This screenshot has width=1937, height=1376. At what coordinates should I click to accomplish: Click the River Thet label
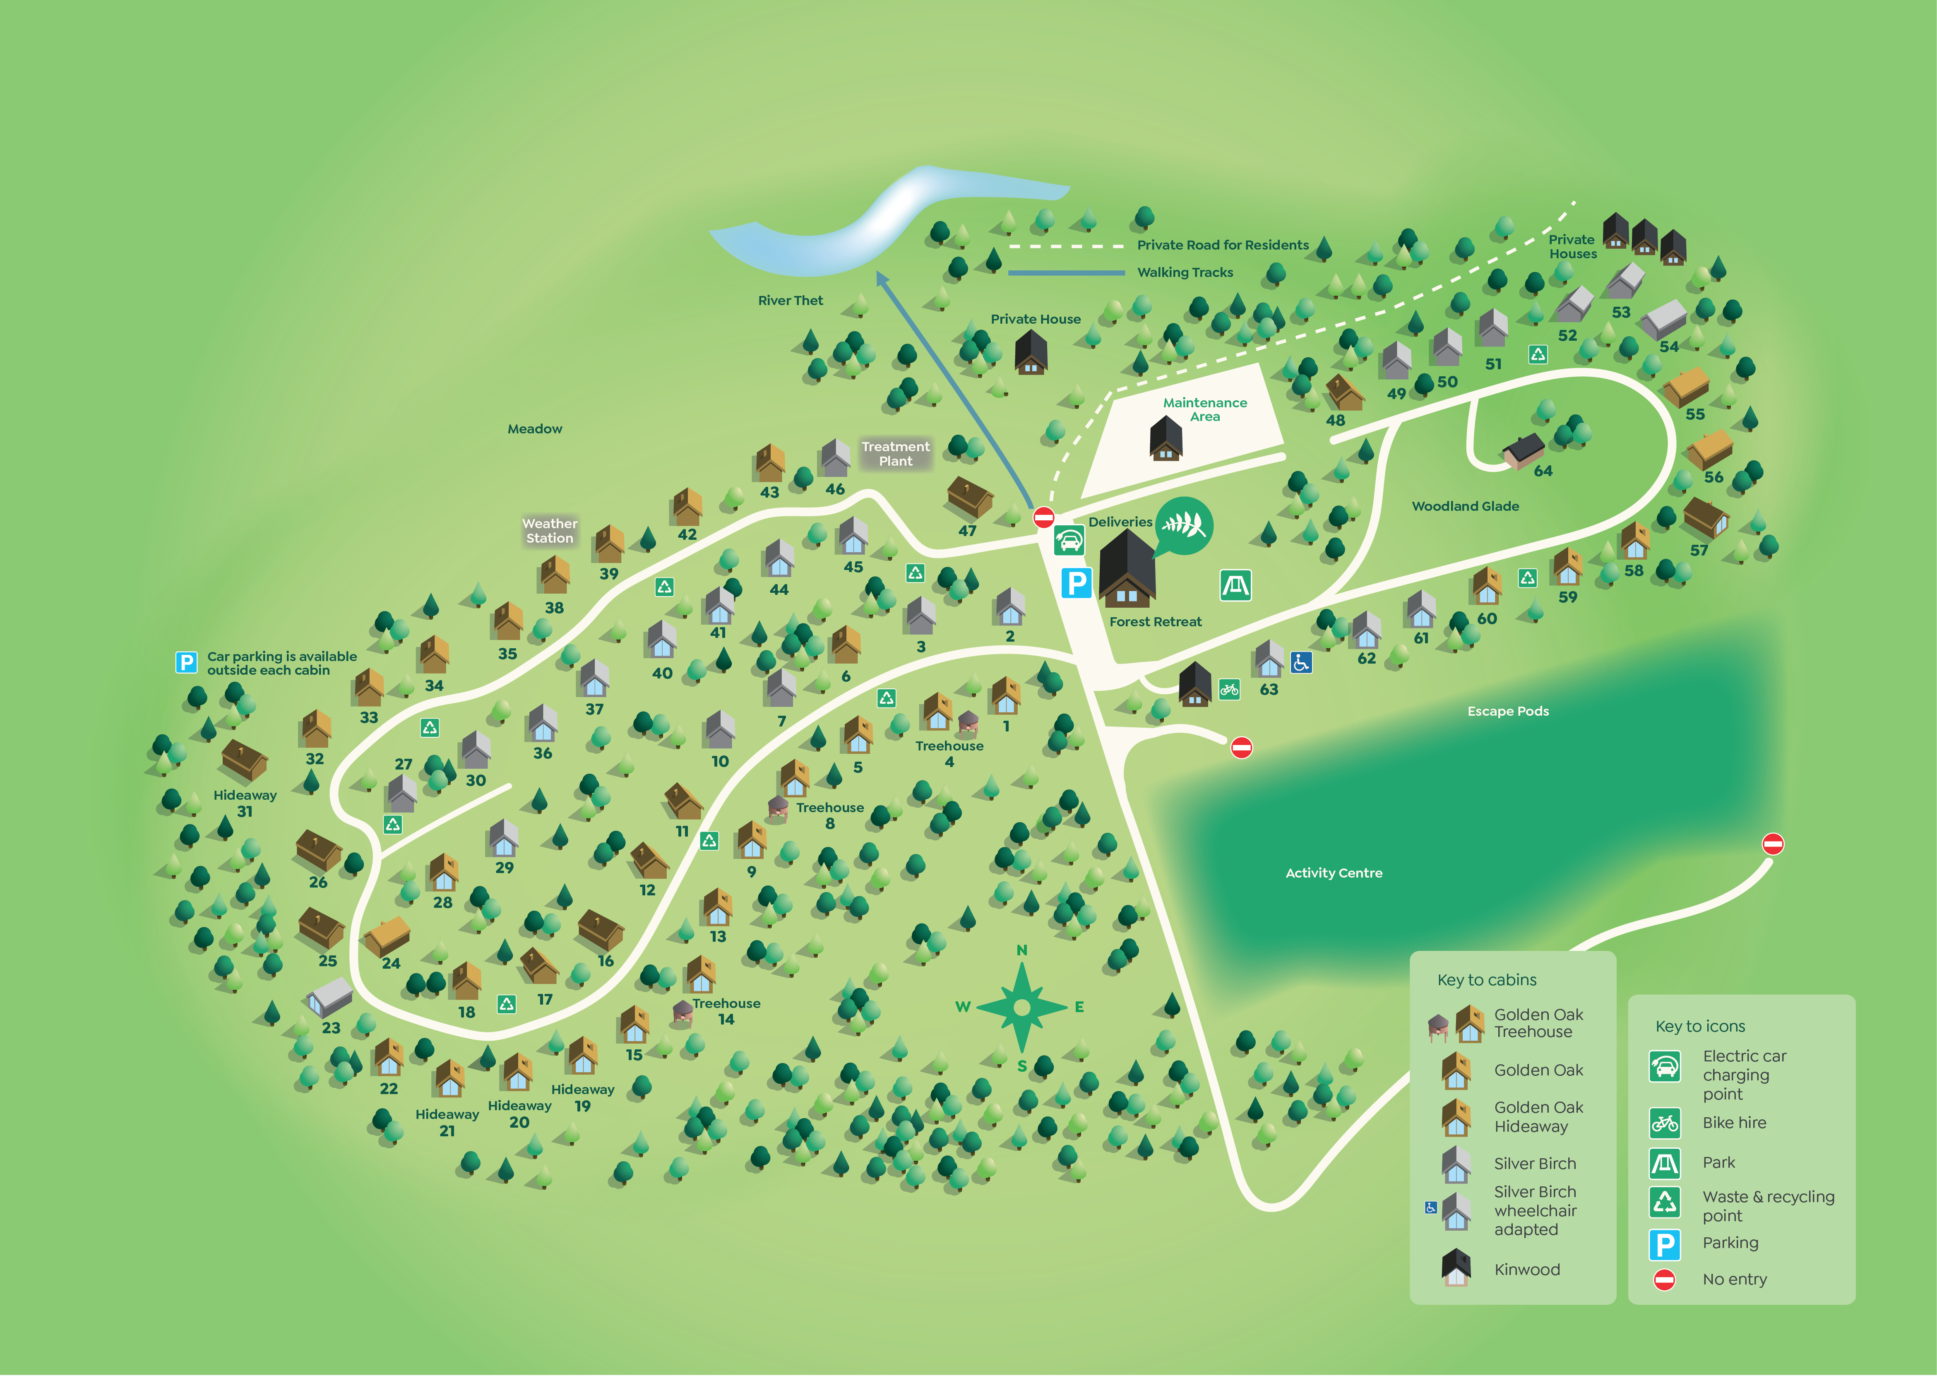pyautogui.click(x=790, y=301)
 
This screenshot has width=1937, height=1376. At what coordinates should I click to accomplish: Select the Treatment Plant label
pyautogui.click(x=895, y=454)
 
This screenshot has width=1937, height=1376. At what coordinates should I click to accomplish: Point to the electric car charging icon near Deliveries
pyautogui.click(x=1069, y=541)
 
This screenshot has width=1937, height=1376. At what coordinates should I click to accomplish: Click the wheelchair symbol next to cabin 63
pyautogui.click(x=1301, y=663)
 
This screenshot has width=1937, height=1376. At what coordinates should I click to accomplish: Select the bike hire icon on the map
pyautogui.click(x=1229, y=690)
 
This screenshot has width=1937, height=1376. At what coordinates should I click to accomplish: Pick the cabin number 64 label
pyautogui.click(x=1543, y=471)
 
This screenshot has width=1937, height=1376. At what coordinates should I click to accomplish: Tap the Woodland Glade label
pyautogui.click(x=1465, y=507)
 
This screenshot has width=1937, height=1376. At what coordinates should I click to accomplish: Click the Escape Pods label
pyautogui.click(x=1508, y=712)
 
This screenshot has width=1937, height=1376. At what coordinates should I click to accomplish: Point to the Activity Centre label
pyautogui.click(x=1334, y=873)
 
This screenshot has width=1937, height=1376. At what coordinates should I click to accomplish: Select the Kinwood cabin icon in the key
pyautogui.click(x=1456, y=1268)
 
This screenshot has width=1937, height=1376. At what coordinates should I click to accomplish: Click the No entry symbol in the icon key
pyautogui.click(x=1664, y=1280)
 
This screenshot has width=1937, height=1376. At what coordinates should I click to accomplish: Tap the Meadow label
pyautogui.click(x=534, y=430)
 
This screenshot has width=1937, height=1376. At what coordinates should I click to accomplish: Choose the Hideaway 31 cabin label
pyautogui.click(x=245, y=803)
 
